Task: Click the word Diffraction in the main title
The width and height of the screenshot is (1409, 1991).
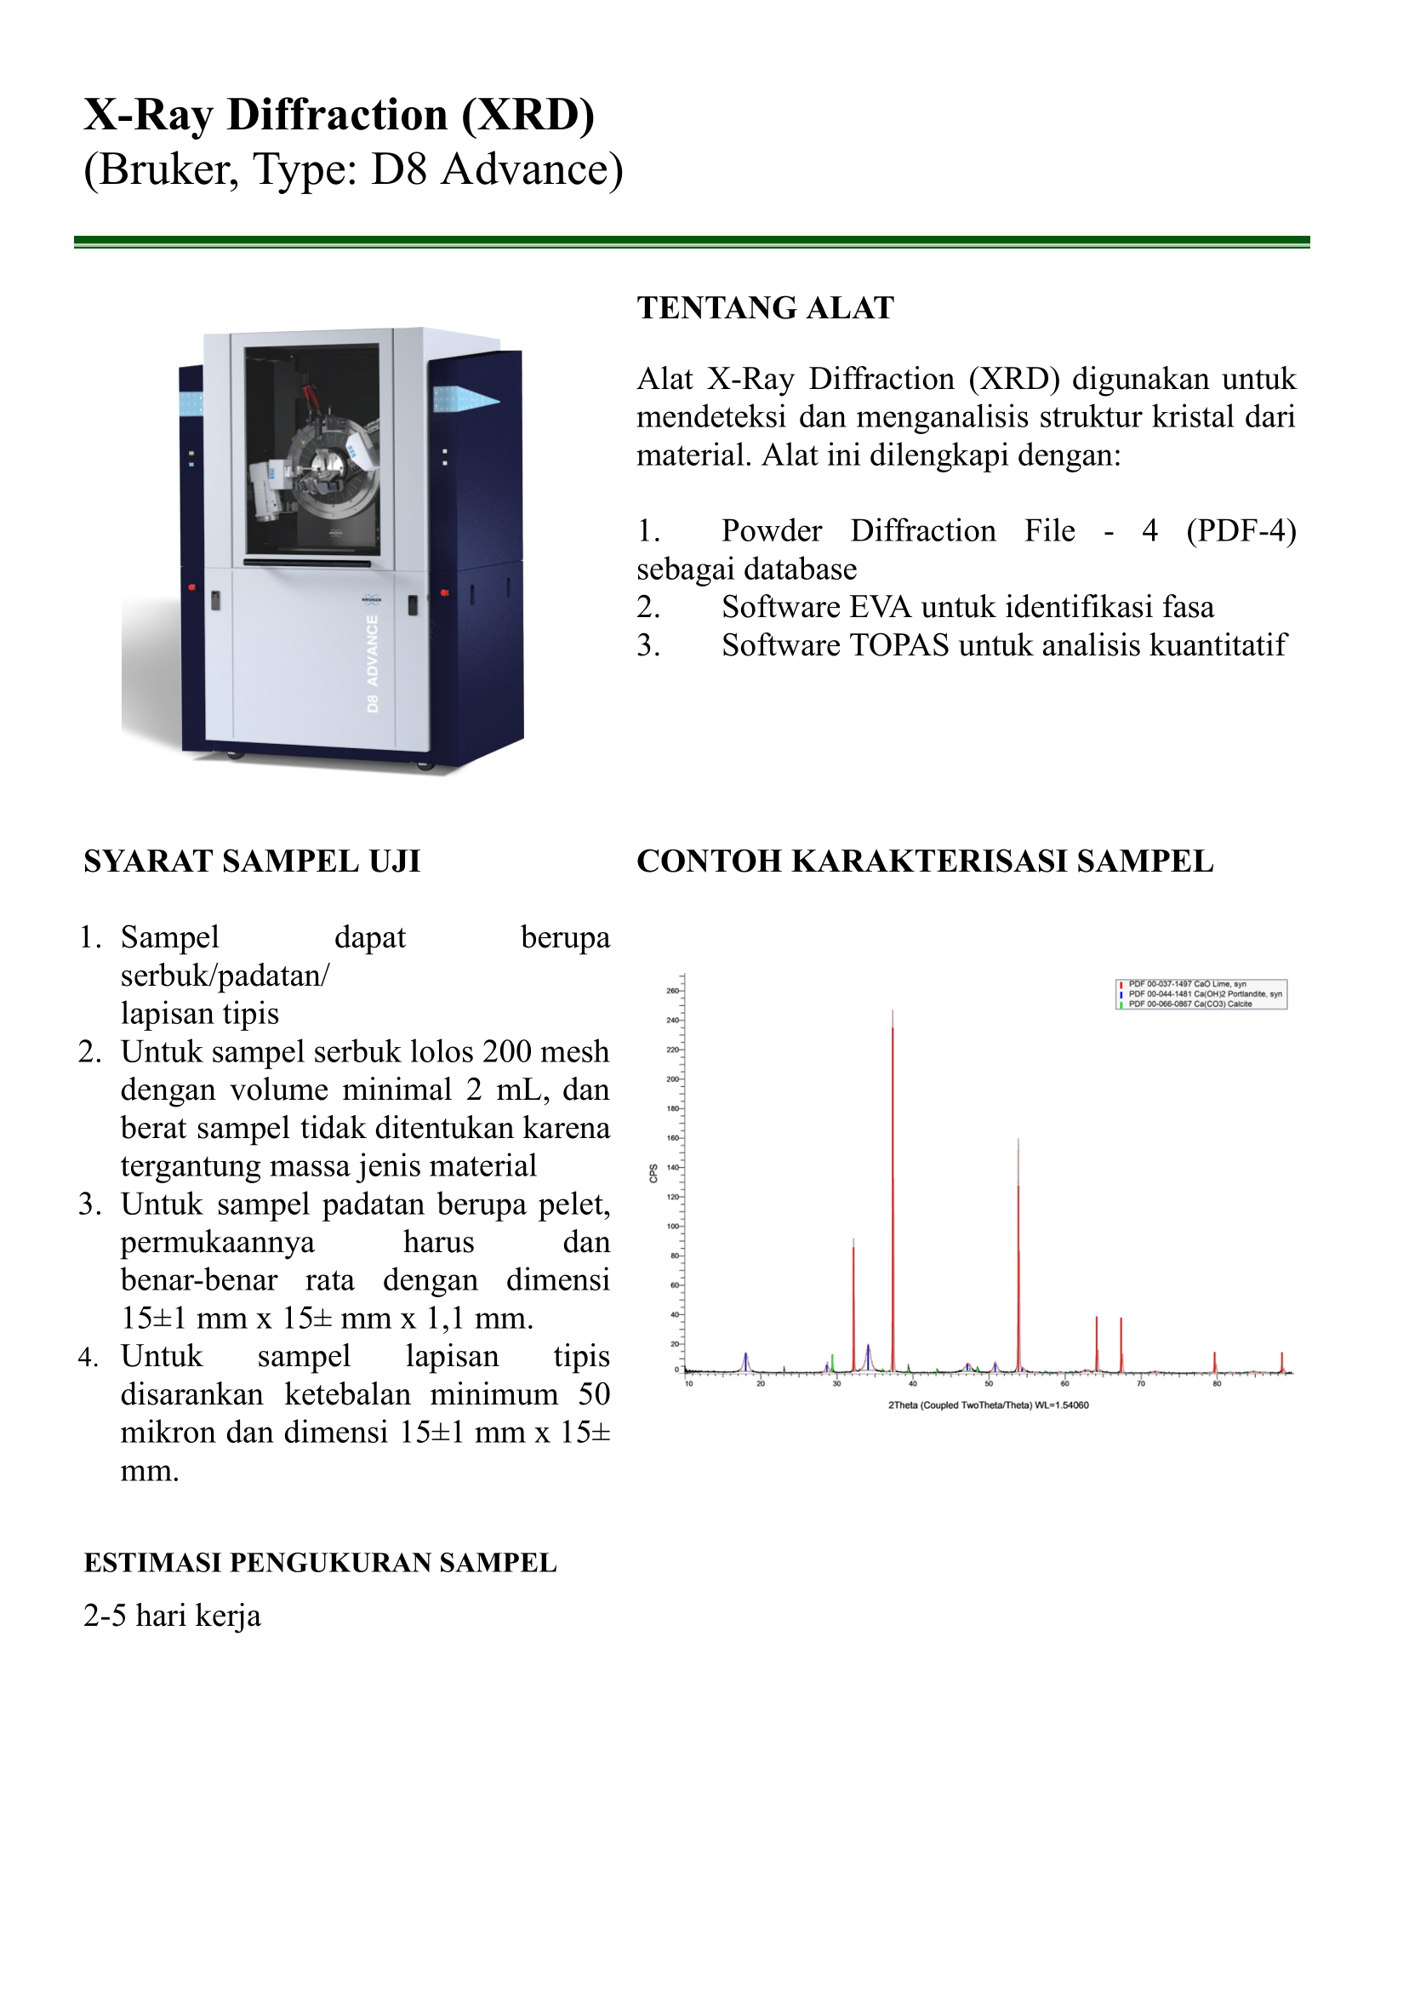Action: (x=338, y=115)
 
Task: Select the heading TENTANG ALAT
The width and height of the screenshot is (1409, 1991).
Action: (x=765, y=308)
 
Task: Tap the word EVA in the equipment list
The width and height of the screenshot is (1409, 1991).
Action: (x=880, y=607)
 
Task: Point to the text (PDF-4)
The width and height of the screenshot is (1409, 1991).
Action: (x=1241, y=530)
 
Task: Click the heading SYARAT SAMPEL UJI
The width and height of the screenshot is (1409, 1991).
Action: (x=252, y=861)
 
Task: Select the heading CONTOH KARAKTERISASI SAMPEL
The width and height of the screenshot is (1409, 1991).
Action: (x=925, y=861)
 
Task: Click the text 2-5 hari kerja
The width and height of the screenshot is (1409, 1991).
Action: (x=172, y=1616)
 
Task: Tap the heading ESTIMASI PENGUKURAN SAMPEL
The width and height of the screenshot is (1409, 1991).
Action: (x=320, y=1562)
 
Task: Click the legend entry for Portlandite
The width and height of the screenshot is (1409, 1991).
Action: (x=1204, y=993)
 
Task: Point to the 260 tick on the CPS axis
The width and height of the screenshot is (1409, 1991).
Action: (x=672, y=990)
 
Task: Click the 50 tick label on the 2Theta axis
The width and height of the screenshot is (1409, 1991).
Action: (x=989, y=1383)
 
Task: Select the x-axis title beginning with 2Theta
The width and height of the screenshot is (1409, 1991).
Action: (x=988, y=1405)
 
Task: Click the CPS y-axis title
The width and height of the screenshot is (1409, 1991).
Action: (x=653, y=1174)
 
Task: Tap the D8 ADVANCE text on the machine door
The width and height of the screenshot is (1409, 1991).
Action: (x=372, y=664)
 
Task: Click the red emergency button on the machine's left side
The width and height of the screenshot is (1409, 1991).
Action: (x=191, y=587)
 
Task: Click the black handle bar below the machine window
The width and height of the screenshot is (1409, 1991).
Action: (x=308, y=563)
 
